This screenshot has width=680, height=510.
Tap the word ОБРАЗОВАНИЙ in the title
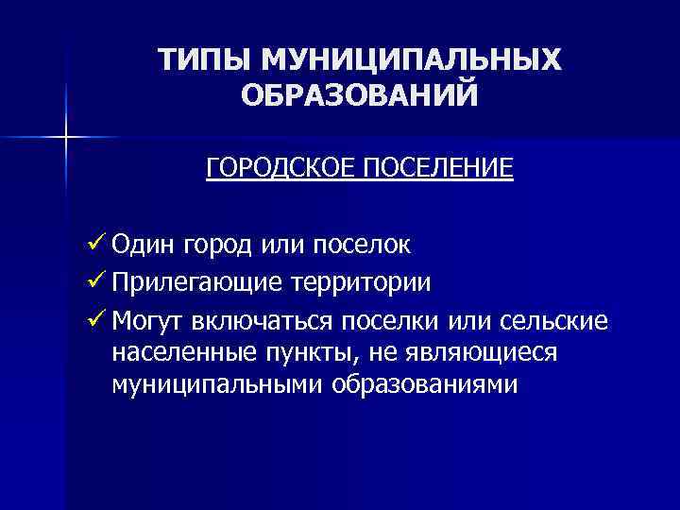click(360, 95)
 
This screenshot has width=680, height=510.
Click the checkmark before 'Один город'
click(93, 245)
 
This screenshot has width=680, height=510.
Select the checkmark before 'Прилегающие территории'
click(93, 282)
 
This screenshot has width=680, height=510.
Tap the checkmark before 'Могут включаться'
click(93, 320)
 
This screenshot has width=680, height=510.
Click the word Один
click(143, 245)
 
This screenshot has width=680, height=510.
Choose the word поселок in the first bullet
click(362, 245)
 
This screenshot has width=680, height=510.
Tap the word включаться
click(249, 320)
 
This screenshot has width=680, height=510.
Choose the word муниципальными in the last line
click(218, 384)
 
